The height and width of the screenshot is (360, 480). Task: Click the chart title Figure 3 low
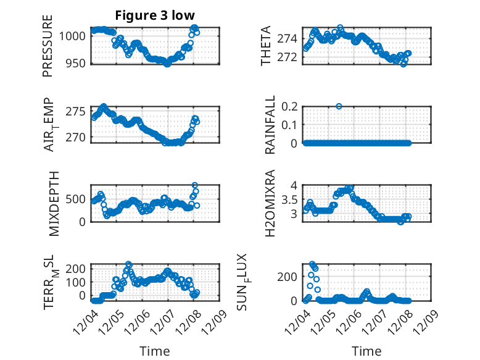(x=155, y=15)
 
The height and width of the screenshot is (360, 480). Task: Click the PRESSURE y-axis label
(x=48, y=46)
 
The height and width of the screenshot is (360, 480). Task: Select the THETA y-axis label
(x=266, y=46)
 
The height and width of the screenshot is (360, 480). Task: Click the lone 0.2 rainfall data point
(x=339, y=106)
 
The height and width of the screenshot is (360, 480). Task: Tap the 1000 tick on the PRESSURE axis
(x=75, y=36)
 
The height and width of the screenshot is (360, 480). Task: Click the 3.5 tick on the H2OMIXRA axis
(x=291, y=199)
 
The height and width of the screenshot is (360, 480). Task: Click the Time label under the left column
(x=155, y=351)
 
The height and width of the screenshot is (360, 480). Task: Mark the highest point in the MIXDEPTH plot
(x=195, y=185)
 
